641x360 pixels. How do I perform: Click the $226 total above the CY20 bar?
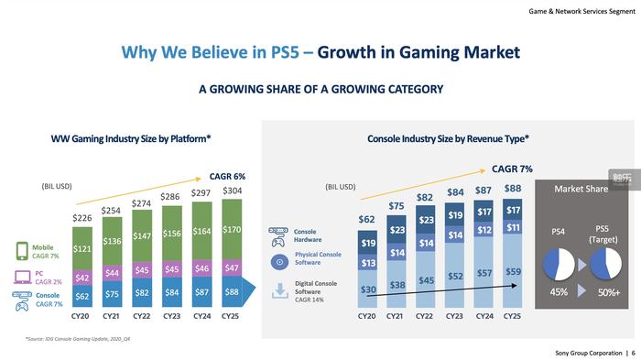click(x=81, y=217)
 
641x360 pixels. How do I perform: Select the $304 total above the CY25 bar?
click(x=233, y=191)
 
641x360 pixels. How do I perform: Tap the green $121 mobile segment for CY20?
click(x=81, y=249)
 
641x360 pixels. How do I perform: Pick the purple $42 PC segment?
click(x=81, y=278)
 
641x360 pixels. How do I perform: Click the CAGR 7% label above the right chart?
click(x=512, y=169)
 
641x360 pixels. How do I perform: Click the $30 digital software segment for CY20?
click(x=366, y=290)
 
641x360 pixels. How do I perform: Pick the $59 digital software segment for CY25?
click(x=514, y=272)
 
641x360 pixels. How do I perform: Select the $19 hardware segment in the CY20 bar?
click(x=366, y=244)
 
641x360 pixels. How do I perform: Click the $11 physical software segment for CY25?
click(x=514, y=227)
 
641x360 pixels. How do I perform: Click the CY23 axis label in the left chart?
click(x=171, y=316)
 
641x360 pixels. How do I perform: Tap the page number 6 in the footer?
click(x=631, y=353)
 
